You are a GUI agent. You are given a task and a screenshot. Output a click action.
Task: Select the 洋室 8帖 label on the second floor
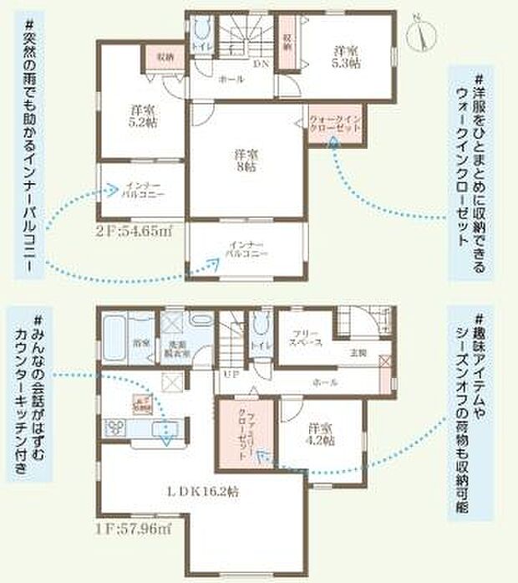point(245,159)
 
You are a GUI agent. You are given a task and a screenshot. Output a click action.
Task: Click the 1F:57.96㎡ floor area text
point(135,528)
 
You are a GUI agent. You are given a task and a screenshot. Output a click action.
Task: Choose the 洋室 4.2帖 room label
point(322,432)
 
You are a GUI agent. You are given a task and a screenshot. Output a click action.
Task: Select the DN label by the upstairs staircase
point(260,63)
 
